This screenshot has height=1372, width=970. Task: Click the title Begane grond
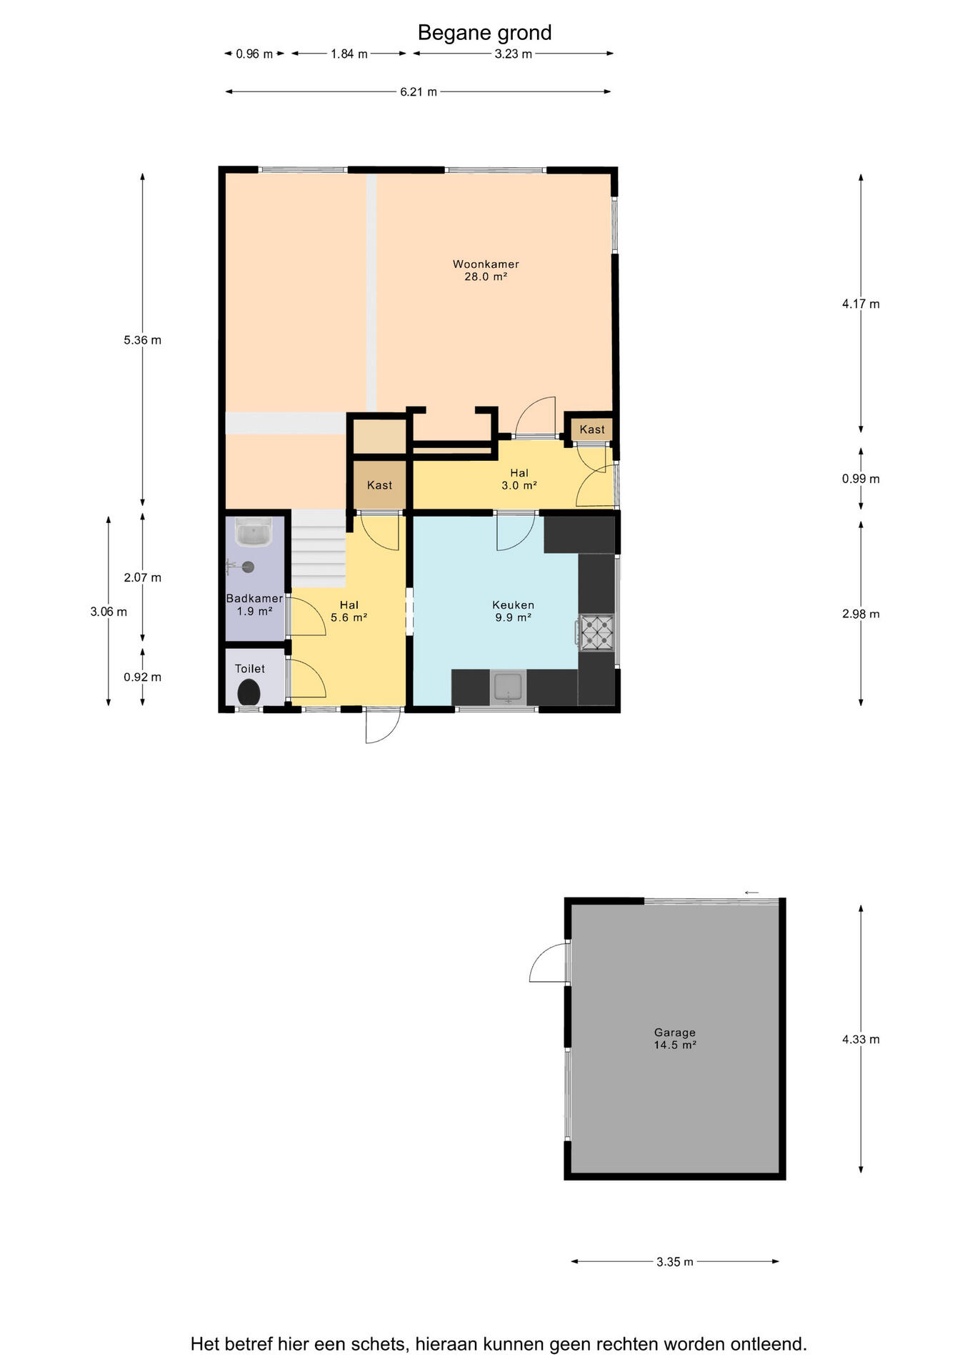tap(484, 33)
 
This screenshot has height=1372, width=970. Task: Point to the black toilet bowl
tap(249, 692)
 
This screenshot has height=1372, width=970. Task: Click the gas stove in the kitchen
tap(596, 632)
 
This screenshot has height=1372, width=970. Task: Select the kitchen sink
tap(508, 687)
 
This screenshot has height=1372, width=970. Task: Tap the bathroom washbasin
tap(254, 532)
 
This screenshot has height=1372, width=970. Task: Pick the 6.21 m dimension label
tap(419, 91)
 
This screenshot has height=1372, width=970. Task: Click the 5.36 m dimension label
tap(142, 340)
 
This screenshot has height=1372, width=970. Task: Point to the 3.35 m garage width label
tap(675, 1262)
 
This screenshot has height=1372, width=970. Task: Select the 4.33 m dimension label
tap(861, 1040)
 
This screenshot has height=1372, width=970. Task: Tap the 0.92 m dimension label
tap(142, 677)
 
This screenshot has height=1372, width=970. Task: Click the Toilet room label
tap(250, 669)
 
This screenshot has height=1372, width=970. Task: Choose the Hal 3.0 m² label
tap(519, 479)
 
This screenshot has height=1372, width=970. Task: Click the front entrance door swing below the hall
tap(383, 726)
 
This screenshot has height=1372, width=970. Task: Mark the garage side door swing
tap(549, 962)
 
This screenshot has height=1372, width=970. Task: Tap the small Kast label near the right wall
tap(592, 429)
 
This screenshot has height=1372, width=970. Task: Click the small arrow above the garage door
tap(751, 893)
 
